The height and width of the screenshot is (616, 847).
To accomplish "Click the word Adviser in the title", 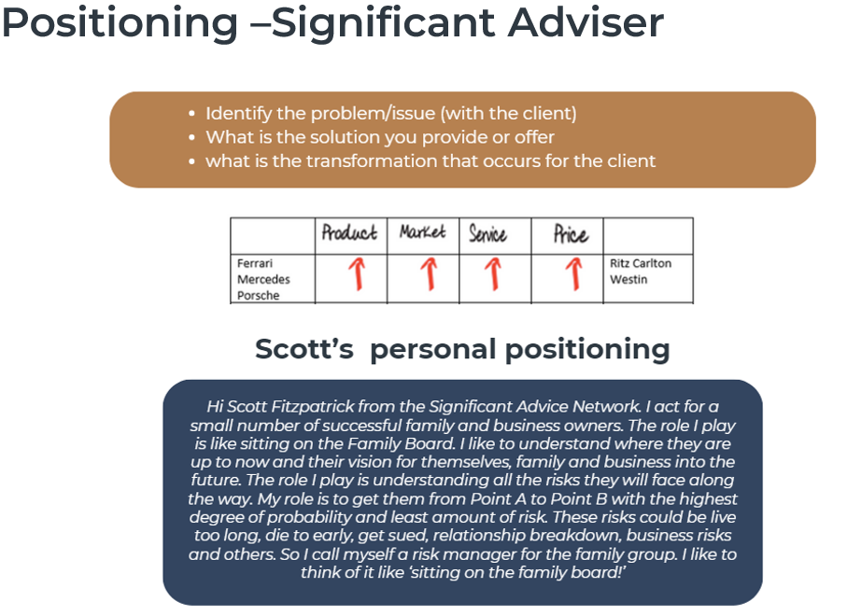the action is [586, 22].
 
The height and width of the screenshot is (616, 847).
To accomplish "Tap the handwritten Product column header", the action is [349, 232].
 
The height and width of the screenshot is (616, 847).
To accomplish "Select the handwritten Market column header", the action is [422, 231].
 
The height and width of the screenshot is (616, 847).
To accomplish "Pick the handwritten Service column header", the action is [487, 233].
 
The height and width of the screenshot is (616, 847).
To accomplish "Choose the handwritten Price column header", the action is [571, 233].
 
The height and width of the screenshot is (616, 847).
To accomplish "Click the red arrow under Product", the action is [357, 273].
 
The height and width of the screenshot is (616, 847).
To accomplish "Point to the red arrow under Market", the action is [429, 273].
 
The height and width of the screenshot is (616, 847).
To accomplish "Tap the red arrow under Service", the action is [493, 273].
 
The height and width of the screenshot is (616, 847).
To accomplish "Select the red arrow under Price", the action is [573, 273].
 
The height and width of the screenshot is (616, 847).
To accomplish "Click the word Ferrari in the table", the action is [255, 263].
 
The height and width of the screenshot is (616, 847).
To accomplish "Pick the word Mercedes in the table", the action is [263, 280].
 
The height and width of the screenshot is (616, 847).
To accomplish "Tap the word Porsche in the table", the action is [258, 296].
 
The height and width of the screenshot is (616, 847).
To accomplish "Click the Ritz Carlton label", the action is [641, 263].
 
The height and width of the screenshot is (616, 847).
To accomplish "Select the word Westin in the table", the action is [628, 280].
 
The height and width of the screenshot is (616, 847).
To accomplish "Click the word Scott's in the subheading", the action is [304, 349].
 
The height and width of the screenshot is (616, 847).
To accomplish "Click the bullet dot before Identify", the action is [191, 114].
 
